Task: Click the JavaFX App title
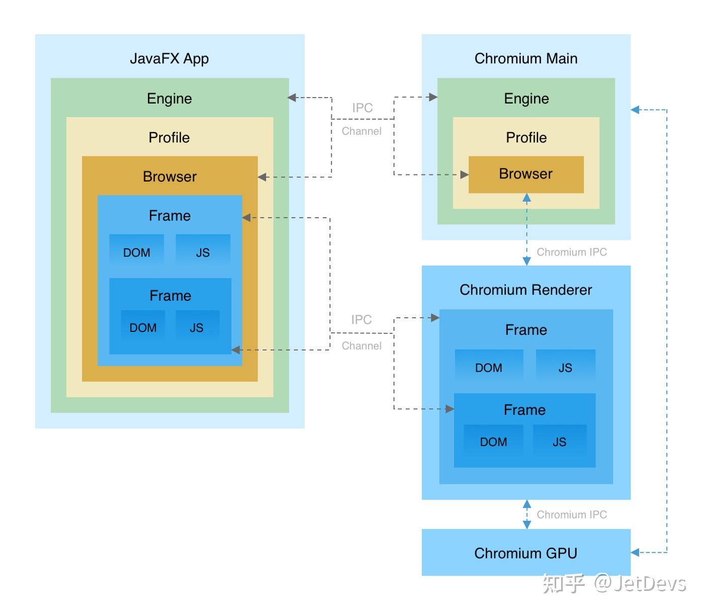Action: click(169, 59)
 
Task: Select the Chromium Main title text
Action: click(526, 58)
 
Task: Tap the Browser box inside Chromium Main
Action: click(526, 174)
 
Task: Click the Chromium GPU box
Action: click(526, 552)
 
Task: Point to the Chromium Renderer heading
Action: click(526, 290)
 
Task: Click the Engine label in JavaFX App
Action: click(169, 99)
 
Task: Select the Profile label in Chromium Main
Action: click(526, 138)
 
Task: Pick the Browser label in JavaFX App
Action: click(169, 177)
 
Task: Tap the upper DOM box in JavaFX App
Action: click(137, 249)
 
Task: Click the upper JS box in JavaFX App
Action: click(203, 249)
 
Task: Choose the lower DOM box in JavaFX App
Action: click(143, 326)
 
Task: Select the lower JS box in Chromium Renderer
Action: click(560, 440)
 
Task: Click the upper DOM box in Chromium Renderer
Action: click(489, 365)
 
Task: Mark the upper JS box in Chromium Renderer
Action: click(565, 365)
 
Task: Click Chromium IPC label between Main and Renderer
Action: click(572, 252)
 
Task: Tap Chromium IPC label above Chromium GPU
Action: click(572, 514)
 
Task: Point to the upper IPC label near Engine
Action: click(363, 108)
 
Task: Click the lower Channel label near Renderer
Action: click(361, 346)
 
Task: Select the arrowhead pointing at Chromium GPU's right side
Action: click(635, 553)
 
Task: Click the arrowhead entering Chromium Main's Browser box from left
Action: click(464, 175)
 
